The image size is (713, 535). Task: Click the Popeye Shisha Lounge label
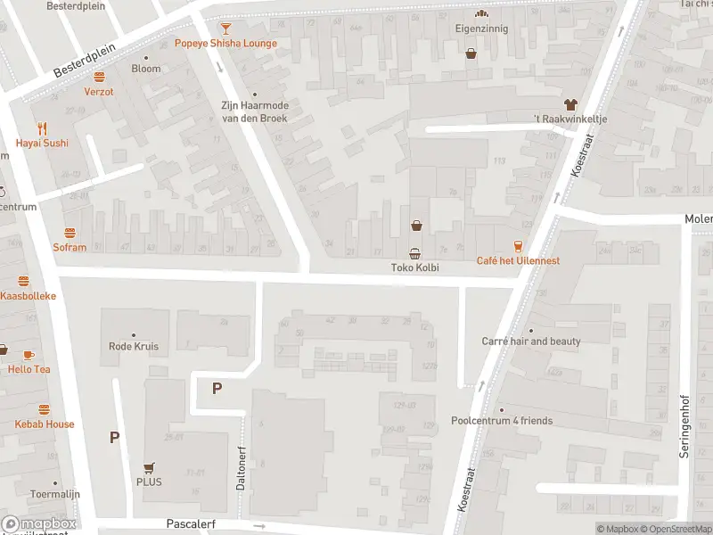225,43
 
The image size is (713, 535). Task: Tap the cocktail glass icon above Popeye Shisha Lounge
225,29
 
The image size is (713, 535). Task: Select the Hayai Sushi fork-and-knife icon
41,128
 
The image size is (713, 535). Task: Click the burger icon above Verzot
99,77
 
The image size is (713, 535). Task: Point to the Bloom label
146,69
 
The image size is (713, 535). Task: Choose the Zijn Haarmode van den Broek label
255,110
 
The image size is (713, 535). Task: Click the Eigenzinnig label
481,28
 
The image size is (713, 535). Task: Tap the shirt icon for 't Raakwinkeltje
570,103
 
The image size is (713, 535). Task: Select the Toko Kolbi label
415,267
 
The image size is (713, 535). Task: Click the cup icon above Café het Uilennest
518,246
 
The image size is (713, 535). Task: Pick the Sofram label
70,247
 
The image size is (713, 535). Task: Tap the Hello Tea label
29,369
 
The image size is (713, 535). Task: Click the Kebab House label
44,424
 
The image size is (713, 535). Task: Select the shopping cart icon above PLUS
149,467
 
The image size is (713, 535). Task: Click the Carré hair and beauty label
531,342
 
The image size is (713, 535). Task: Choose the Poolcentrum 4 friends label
502,421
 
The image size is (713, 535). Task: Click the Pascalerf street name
191,524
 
